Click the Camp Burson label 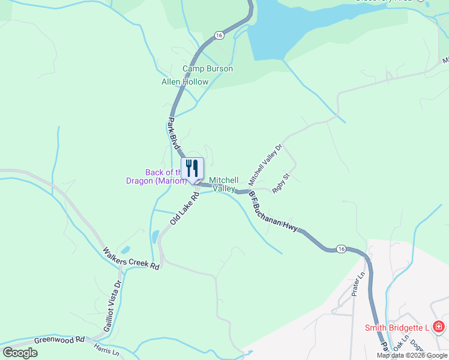(208, 69)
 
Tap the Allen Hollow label (185, 82)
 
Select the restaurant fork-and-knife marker (192, 168)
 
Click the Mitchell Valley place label (223, 184)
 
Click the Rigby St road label (281, 182)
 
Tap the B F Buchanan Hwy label (273, 212)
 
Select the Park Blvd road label (173, 133)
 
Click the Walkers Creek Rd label (130, 258)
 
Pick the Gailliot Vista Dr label (113, 304)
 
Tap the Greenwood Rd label (59, 340)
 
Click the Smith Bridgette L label (397, 328)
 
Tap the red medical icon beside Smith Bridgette (439, 327)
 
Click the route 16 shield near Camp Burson (220, 36)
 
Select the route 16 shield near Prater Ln (341, 248)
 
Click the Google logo (20, 353)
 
